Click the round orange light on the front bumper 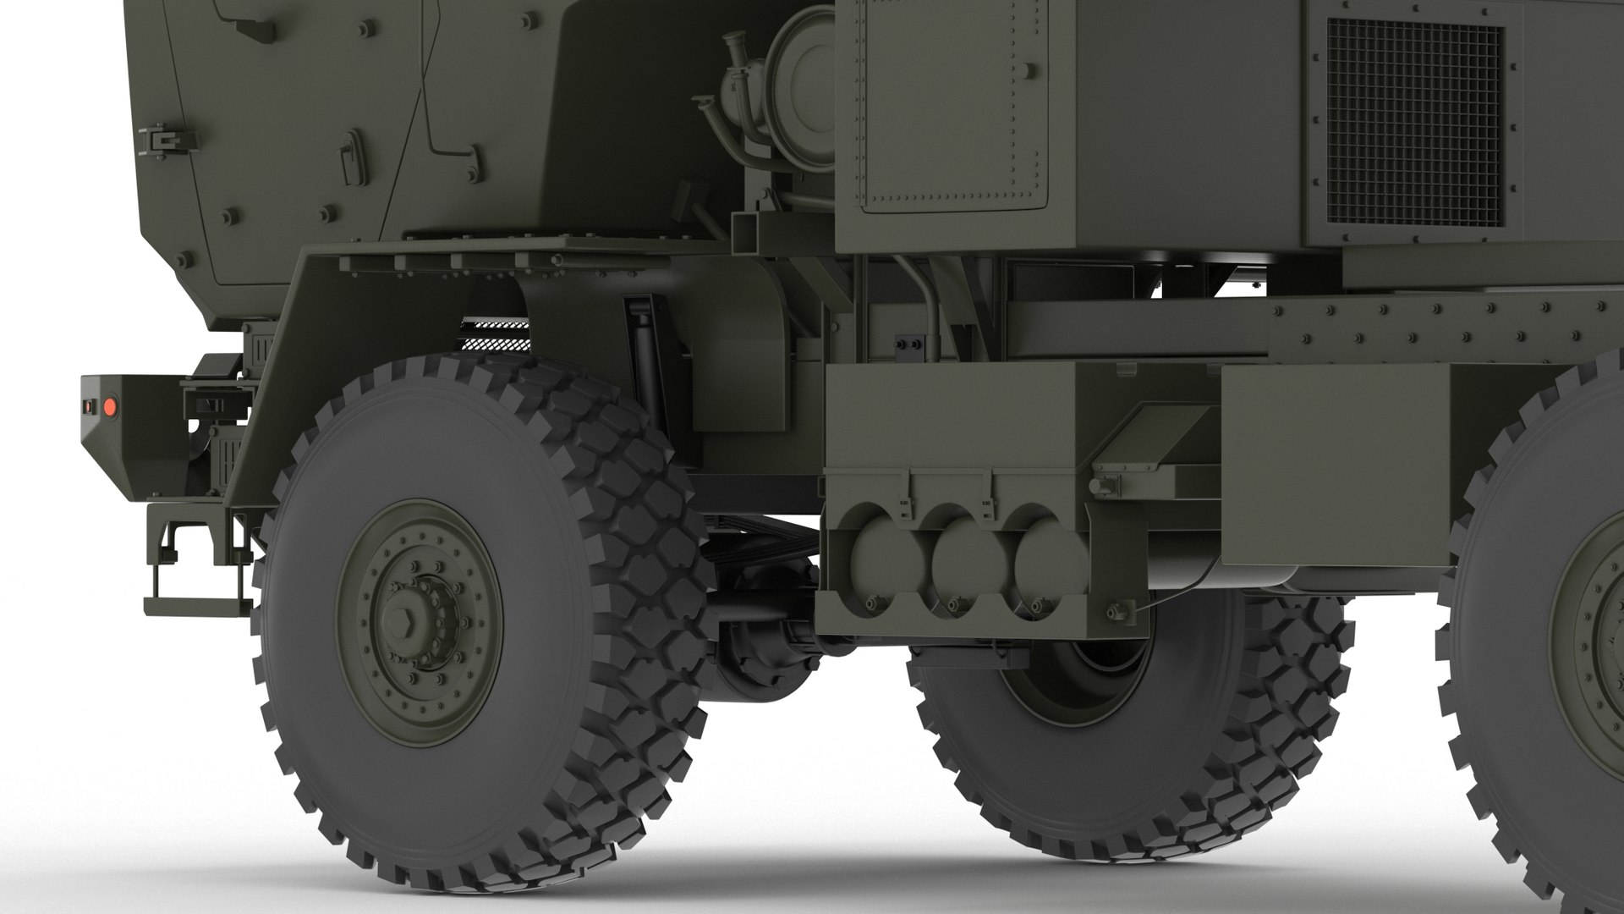click(x=108, y=408)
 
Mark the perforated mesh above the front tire click(x=495, y=335)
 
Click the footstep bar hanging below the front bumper click(x=197, y=603)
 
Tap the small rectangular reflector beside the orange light click(x=87, y=407)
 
